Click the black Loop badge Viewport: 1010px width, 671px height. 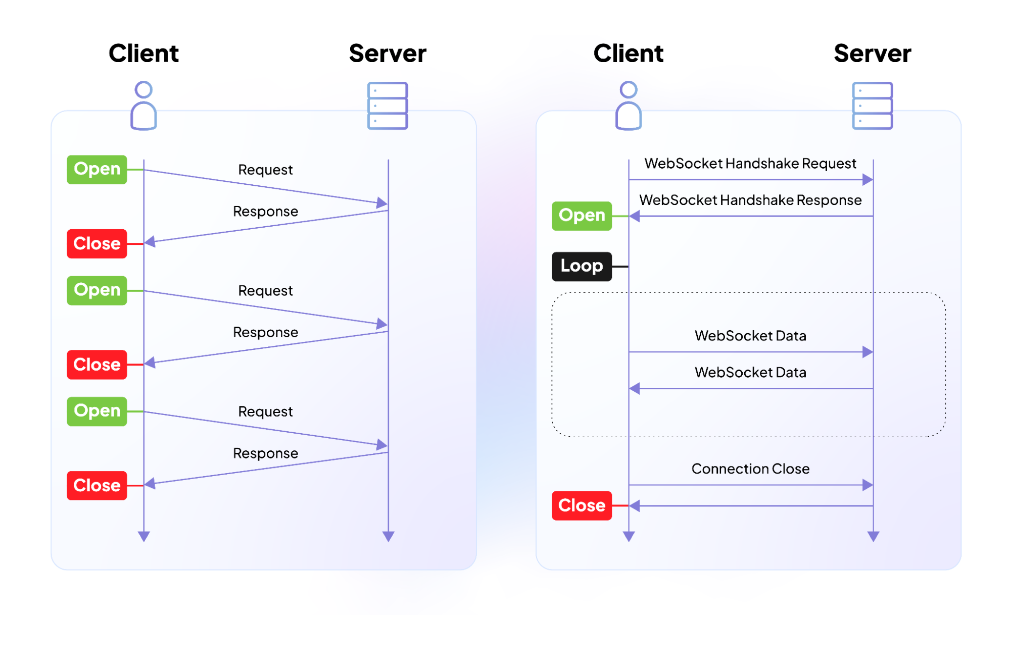(582, 266)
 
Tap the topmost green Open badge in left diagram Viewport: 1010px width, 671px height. (97, 169)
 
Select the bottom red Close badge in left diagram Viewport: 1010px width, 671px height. (97, 485)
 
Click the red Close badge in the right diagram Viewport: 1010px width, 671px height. (582, 505)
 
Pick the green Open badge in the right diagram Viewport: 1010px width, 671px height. (582, 216)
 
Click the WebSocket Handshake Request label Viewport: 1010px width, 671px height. (750, 164)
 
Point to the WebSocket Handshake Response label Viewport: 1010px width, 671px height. (750, 200)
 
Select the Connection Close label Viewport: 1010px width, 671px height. (750, 469)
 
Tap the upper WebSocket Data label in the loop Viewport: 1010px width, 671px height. (750, 336)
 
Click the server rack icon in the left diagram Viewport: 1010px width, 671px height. (388, 106)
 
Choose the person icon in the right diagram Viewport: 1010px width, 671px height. (629, 106)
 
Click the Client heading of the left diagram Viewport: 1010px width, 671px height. (143, 54)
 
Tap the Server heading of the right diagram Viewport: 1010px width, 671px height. (873, 54)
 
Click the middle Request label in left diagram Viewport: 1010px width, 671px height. (265, 291)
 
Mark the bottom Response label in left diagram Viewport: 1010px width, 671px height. (265, 453)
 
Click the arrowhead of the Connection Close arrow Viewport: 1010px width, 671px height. (868, 485)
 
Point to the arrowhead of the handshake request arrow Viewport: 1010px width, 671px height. (868, 180)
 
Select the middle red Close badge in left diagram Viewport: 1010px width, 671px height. (97, 365)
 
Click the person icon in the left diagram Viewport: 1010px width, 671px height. (143, 106)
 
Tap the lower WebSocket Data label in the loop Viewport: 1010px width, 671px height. (750, 373)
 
